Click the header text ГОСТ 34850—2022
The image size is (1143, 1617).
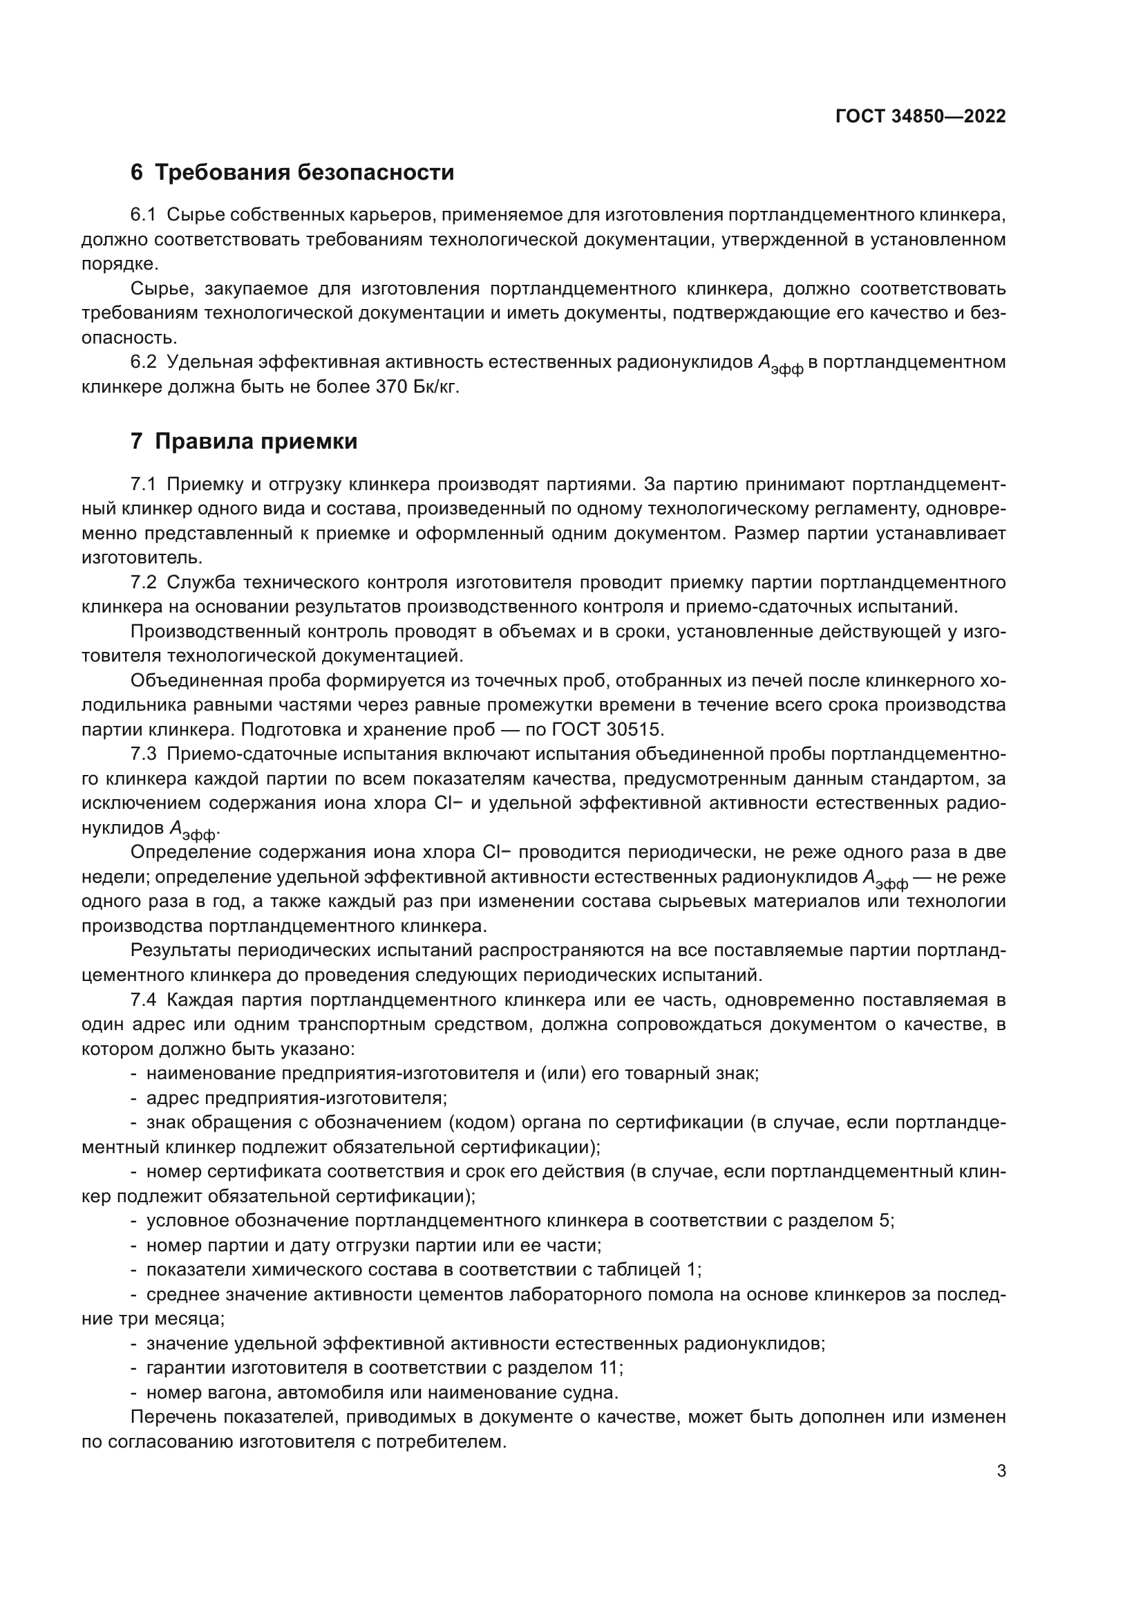pos(920,116)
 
